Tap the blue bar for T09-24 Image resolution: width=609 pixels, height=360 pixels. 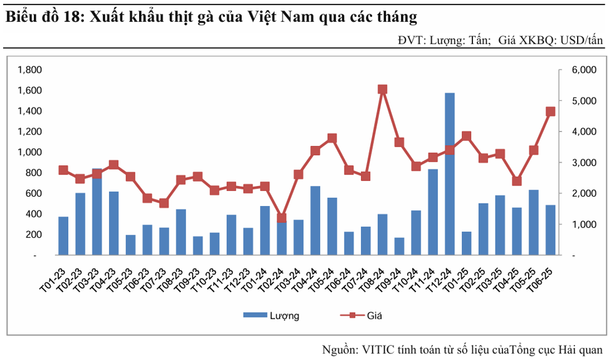coord(399,246)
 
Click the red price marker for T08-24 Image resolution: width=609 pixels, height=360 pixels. coord(383,90)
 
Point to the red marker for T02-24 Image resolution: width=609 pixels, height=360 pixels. coord(282,219)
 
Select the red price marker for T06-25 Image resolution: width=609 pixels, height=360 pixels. coord(550,111)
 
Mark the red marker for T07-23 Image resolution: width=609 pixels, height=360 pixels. coord(164,203)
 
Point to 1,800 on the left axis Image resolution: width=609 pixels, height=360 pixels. coord(29,69)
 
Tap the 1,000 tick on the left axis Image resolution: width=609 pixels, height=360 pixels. coord(29,152)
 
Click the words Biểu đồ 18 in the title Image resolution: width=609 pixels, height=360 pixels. coord(40,17)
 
